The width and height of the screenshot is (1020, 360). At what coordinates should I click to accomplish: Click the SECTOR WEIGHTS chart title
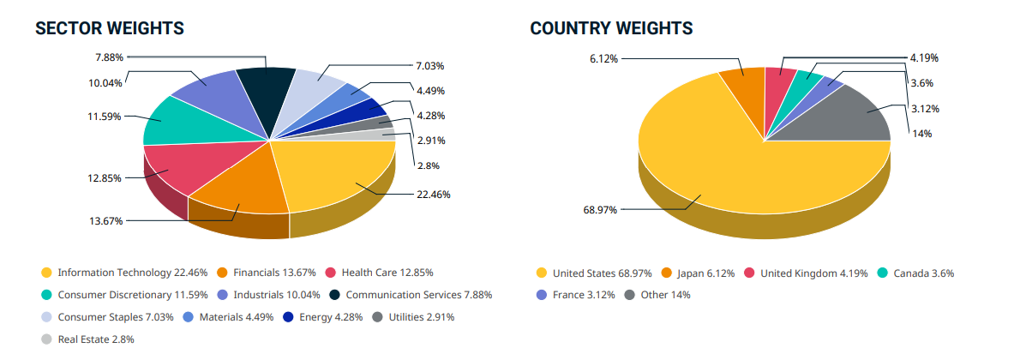click(x=109, y=28)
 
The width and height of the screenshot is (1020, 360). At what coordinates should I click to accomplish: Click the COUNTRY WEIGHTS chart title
click(x=611, y=28)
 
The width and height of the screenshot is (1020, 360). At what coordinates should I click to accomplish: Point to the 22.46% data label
click(x=433, y=195)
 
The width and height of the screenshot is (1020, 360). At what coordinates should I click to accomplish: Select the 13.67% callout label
click(x=105, y=220)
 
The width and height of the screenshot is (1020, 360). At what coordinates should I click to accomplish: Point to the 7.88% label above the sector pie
click(x=109, y=57)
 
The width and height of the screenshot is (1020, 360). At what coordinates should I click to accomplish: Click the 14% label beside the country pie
click(x=921, y=133)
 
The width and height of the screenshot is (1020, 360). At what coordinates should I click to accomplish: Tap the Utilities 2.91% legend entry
click(x=422, y=317)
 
